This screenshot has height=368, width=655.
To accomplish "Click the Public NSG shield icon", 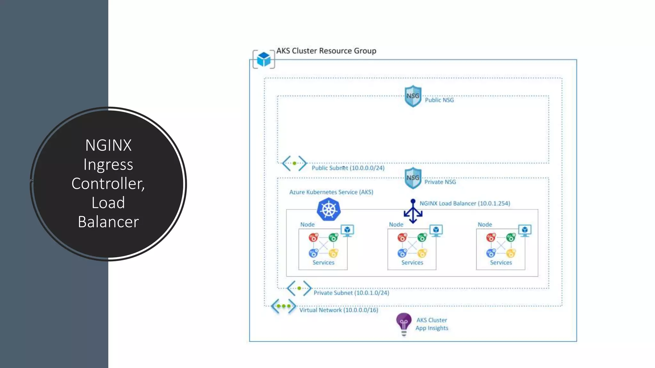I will pyautogui.click(x=413, y=96).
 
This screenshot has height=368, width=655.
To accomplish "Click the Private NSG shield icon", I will pyautogui.click(x=413, y=178).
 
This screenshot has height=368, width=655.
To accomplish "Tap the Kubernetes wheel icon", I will pyautogui.click(x=328, y=209).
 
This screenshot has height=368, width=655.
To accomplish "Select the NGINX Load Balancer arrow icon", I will pyautogui.click(x=413, y=211).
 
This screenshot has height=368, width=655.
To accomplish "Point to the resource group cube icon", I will pyautogui.click(x=264, y=59).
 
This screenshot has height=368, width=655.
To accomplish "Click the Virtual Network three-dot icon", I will pyautogui.click(x=283, y=306).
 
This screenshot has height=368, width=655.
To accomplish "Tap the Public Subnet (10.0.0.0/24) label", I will pyautogui.click(x=348, y=168).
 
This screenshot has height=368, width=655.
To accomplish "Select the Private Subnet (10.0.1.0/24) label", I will pyautogui.click(x=351, y=293).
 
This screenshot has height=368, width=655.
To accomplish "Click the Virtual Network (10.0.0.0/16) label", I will pyautogui.click(x=338, y=310).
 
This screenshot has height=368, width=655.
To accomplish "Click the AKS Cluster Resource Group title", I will pyautogui.click(x=326, y=51).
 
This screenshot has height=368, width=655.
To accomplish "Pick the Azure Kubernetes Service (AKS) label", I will pyautogui.click(x=331, y=192).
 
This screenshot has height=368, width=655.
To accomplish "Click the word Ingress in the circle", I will pyautogui.click(x=108, y=165).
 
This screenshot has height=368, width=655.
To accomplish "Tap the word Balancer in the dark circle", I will pyautogui.click(x=108, y=222).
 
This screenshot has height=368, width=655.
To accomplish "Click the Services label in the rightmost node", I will pyautogui.click(x=501, y=263).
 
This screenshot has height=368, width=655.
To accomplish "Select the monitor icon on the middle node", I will pyautogui.click(x=436, y=230).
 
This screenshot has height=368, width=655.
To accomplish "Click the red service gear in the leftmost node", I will pyautogui.click(x=313, y=237).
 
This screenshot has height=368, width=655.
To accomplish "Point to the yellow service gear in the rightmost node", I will pyautogui.click(x=511, y=253).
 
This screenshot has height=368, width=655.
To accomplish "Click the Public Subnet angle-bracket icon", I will pyautogui.click(x=294, y=163).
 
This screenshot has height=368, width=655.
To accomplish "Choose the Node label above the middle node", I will pyautogui.click(x=396, y=225).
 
